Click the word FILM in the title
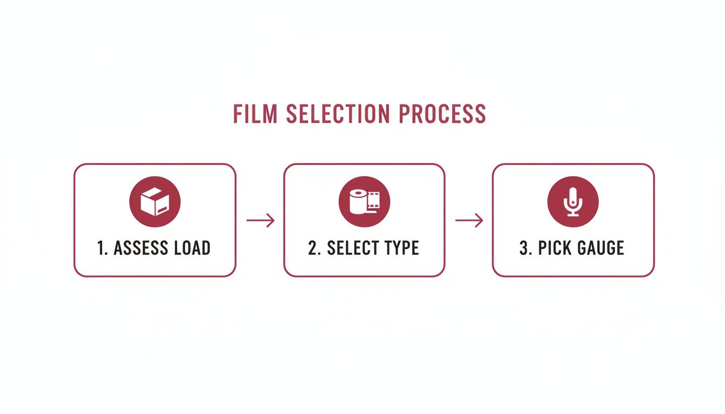pos(255,114)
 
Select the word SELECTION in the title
pos(338,114)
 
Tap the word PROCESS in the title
pos(442,114)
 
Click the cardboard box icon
pos(155,202)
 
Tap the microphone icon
pos(573,202)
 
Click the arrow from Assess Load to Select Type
pos(261,220)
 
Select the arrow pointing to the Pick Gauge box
pos(469,220)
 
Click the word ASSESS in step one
pos(141,248)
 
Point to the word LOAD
pos(193,248)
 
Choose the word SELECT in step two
pos(352,248)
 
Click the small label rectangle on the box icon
pos(162,210)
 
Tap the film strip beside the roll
pos(373,201)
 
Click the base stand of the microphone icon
pos(573,215)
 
